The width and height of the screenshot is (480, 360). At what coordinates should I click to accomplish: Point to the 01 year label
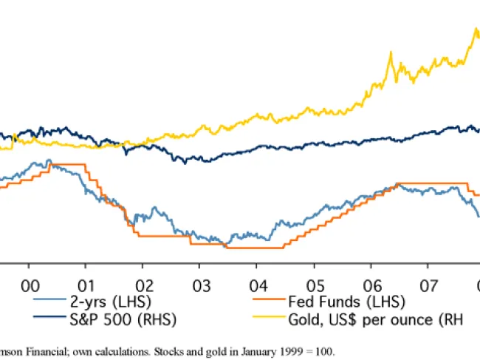point(86,284)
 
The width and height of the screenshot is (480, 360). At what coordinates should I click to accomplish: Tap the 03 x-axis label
point(200,284)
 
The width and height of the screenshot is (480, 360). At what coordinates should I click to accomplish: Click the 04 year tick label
point(258,284)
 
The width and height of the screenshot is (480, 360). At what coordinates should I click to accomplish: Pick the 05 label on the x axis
point(315,284)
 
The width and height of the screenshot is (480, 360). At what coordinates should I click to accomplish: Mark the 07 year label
point(428,284)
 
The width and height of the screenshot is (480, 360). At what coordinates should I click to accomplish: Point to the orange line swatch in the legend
point(272,301)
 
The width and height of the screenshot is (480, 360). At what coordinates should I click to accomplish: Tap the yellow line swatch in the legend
point(272,319)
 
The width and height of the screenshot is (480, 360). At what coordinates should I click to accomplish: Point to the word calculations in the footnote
point(114,350)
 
